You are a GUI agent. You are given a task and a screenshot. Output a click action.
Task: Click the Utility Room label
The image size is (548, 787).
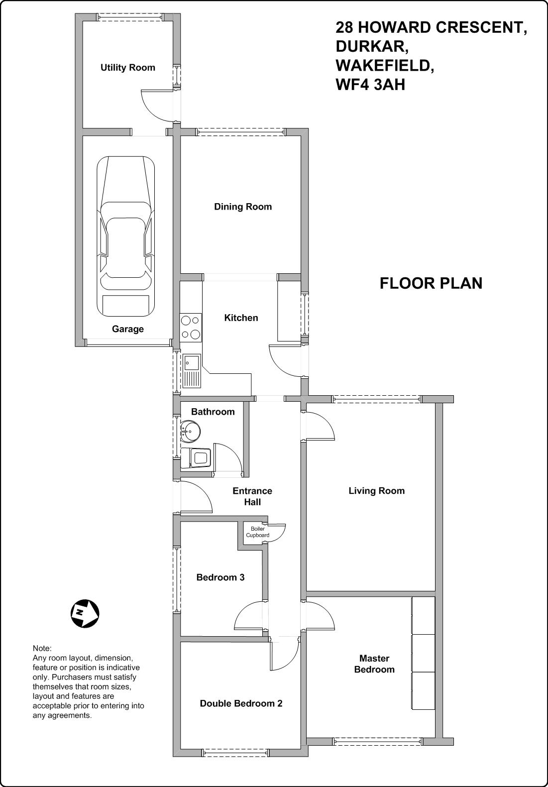[x=127, y=68]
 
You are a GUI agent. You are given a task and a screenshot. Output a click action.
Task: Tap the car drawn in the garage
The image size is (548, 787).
[x=126, y=237]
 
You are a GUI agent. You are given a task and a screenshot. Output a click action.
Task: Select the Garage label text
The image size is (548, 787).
[x=128, y=329]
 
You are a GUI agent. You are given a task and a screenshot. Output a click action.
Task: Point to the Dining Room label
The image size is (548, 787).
[x=243, y=207]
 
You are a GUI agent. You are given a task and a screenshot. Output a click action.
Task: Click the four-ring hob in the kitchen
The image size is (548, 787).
[x=191, y=328]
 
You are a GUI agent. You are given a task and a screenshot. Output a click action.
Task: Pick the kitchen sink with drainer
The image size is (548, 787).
[x=192, y=371]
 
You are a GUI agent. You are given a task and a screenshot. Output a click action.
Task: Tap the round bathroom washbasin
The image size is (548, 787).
[x=191, y=431]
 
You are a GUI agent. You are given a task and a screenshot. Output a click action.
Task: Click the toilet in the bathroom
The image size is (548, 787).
[x=196, y=458]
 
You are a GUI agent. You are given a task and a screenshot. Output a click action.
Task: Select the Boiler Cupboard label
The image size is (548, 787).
[x=257, y=532]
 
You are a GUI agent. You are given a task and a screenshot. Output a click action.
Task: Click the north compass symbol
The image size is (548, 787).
[x=85, y=613]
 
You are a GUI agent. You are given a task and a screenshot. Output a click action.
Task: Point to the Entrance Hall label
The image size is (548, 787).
[x=252, y=496]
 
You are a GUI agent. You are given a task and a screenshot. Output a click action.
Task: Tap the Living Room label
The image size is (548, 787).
[x=377, y=491]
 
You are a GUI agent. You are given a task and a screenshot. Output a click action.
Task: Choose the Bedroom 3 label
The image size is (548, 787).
[x=220, y=577]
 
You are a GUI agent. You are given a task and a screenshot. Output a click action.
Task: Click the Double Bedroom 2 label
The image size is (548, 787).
[x=241, y=703]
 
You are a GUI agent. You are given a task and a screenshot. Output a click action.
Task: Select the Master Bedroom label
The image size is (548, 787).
[x=374, y=664]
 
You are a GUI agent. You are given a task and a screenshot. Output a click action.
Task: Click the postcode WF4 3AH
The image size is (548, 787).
[x=370, y=85]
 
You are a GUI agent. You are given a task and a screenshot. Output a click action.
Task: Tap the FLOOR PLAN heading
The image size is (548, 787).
[x=431, y=284]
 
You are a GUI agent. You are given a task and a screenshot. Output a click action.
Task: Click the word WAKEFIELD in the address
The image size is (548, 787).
[x=385, y=66]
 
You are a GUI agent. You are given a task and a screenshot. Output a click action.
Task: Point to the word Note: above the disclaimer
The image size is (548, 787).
[x=42, y=648]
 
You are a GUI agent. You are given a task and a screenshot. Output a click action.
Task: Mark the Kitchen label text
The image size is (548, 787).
[x=241, y=318]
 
